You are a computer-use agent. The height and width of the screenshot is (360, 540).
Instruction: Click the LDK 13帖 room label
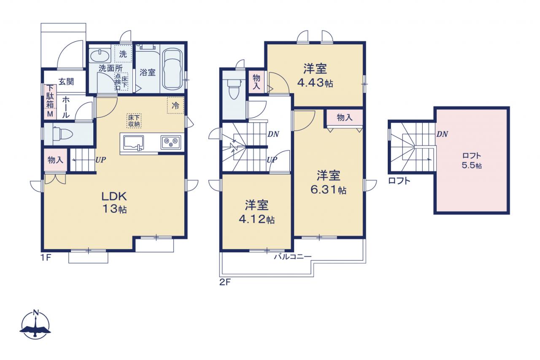(x=114, y=203)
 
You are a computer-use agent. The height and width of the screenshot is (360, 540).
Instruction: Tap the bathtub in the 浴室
(x=172, y=69)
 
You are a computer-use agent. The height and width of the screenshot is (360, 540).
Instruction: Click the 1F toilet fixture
(x=62, y=134)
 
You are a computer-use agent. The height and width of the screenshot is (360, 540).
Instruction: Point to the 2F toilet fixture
(x=234, y=89)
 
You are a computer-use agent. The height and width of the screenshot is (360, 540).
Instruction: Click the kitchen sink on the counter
(x=133, y=143)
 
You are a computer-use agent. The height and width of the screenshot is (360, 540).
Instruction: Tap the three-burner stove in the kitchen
(x=171, y=143)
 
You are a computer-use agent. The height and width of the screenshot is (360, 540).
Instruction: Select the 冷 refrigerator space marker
(x=175, y=105)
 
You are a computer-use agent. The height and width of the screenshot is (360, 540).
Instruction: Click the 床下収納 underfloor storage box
(x=134, y=121)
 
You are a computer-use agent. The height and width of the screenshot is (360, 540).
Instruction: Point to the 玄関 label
(x=66, y=82)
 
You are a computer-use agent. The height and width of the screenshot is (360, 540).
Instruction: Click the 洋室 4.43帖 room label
(x=315, y=76)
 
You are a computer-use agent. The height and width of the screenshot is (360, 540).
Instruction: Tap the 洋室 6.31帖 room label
(x=328, y=182)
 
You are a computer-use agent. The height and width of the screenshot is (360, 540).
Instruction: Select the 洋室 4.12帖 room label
(x=257, y=212)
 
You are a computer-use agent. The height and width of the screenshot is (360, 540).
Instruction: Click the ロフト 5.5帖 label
(x=472, y=161)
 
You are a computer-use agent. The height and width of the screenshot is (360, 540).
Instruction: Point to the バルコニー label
(x=293, y=256)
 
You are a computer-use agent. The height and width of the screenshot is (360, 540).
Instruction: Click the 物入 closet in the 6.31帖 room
(x=345, y=118)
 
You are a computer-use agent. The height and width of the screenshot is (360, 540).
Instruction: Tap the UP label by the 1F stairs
(x=100, y=160)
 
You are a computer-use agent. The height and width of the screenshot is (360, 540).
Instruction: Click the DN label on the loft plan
(x=442, y=134)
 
